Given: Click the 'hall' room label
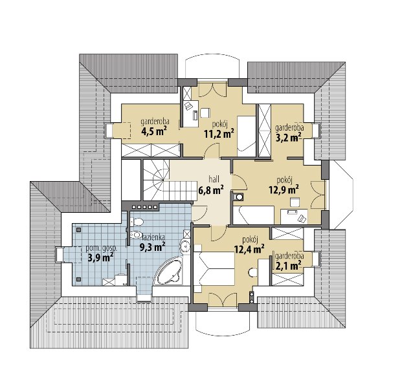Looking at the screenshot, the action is [x=214, y=179].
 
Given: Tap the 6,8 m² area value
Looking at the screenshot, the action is [x=211, y=189].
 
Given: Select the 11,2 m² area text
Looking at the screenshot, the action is [x=219, y=134].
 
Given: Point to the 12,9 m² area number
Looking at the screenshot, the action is [x=284, y=189].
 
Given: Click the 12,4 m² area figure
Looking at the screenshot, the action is [x=249, y=249].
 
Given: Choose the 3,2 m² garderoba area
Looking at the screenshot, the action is [x=289, y=137].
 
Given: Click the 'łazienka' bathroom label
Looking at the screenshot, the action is [x=153, y=237].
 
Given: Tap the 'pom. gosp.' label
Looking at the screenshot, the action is [x=102, y=248].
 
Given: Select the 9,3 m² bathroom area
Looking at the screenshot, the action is [x=153, y=247].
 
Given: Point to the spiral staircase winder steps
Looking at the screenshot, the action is [x=156, y=180].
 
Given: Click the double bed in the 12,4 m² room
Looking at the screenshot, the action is [x=214, y=268].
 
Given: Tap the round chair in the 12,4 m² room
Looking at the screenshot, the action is [x=253, y=272].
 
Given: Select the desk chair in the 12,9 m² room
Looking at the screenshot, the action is [x=295, y=202].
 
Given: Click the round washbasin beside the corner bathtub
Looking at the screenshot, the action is [x=185, y=246].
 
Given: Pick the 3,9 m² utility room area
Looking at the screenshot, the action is [x=100, y=258].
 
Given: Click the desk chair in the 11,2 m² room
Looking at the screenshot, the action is [x=205, y=113].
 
